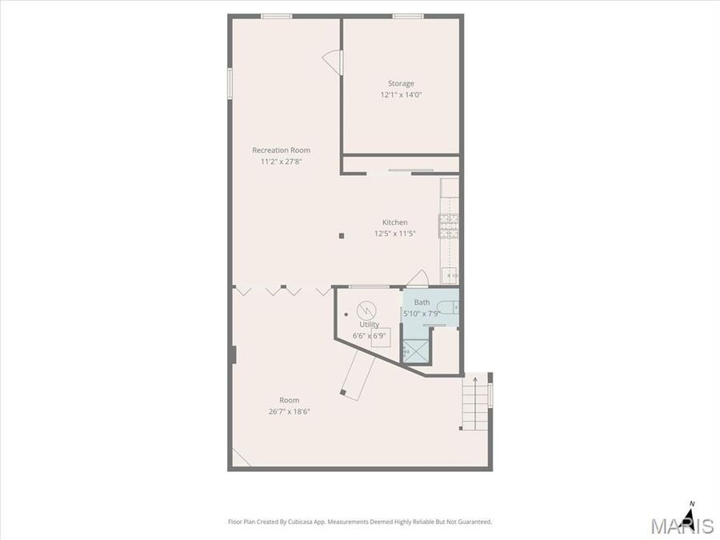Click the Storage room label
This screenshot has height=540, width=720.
pyautogui.click(x=401, y=83)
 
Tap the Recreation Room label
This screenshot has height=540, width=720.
pyautogui.click(x=281, y=150)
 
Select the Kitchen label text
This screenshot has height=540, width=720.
pyautogui.click(x=394, y=222)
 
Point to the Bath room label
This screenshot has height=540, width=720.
pyautogui.click(x=422, y=302)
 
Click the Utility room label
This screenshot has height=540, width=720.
pyautogui.click(x=369, y=325)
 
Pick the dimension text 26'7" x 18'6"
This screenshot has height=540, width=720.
pyautogui.click(x=289, y=412)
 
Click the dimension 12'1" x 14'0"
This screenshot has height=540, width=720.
pyautogui.click(x=401, y=94)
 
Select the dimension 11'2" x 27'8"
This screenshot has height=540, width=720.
pyautogui.click(x=281, y=162)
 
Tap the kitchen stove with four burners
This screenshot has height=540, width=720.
pyautogui.click(x=449, y=226)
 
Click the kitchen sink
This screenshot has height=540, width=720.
pyautogui.click(x=450, y=276)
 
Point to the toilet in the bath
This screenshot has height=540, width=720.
pyautogui.click(x=449, y=306)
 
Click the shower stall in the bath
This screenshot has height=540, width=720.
pyautogui.click(x=415, y=350)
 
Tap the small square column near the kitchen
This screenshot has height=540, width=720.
pyautogui.click(x=342, y=236)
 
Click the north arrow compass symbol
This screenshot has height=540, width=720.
pyautogui.click(x=690, y=512)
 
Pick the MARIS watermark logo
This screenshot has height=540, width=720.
pyautogui.click(x=682, y=526)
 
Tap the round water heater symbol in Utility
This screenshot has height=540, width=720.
pyautogui.click(x=366, y=309)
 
